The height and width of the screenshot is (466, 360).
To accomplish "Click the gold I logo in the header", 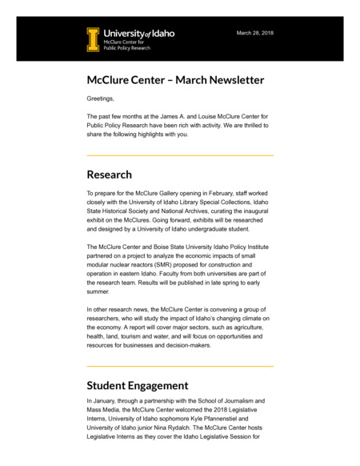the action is [x=94, y=39].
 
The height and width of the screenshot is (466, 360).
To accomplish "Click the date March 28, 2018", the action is [x=254, y=33].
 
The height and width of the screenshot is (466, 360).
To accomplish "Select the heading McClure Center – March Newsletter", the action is [x=175, y=80].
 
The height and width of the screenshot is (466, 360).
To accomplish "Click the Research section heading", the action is [x=110, y=175].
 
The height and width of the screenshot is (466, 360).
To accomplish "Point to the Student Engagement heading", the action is [x=138, y=385].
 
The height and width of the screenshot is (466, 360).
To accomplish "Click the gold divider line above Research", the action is [x=180, y=155].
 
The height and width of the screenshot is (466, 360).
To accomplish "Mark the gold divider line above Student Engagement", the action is [x=180, y=367].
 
